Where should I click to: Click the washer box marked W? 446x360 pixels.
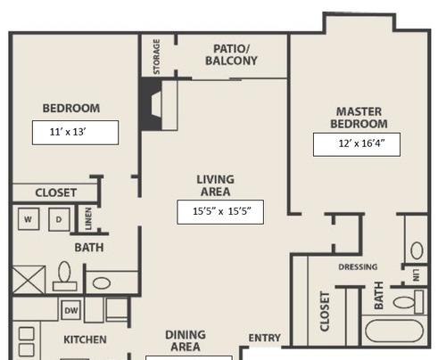pyautogui.click(x=29, y=219)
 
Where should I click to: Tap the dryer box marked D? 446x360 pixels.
pyautogui.click(x=59, y=219)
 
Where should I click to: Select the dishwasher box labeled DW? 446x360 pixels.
pyautogui.click(x=71, y=310)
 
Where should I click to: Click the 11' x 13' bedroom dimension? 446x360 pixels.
pyautogui.click(x=68, y=132)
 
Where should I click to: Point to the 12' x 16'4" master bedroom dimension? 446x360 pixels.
pyautogui.click(x=361, y=143)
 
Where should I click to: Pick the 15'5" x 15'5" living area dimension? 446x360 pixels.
pyautogui.click(x=222, y=211)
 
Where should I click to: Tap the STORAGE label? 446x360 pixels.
pyautogui.click(x=156, y=57)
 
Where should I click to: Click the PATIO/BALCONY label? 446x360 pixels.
pyautogui.click(x=231, y=54)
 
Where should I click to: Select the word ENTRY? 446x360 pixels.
pyautogui.click(x=264, y=338)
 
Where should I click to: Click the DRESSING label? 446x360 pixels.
pyautogui.click(x=358, y=266)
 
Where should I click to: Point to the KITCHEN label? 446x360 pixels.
pyautogui.click(x=85, y=340)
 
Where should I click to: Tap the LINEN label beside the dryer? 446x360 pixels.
pyautogui.click(x=88, y=218)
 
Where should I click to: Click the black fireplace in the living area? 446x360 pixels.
pyautogui.click(x=152, y=104)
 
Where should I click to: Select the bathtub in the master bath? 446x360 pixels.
pyautogui.click(x=394, y=331)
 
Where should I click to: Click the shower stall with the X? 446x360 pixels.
pyautogui.click(x=29, y=280)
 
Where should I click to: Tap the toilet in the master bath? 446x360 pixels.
pyautogui.click(x=409, y=302)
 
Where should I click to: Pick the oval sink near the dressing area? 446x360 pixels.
pyautogui.click(x=417, y=250)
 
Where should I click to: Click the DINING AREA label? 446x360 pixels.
pyautogui.click(x=186, y=340)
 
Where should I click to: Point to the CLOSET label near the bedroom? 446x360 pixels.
pyautogui.click(x=56, y=192)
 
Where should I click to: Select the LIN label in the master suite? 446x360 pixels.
pyautogui.click(x=416, y=275)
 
